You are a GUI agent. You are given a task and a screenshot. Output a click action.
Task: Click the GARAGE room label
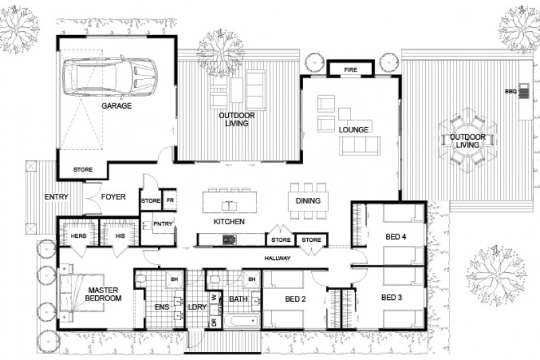click(x=116, y=106)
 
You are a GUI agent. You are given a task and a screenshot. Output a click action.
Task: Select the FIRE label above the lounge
click(x=350, y=70)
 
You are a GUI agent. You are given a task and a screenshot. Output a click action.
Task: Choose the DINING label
click(x=308, y=201)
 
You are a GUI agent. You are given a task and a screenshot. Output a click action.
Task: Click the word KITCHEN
click(x=228, y=222)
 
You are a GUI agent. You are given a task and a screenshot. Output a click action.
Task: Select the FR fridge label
click(x=170, y=201)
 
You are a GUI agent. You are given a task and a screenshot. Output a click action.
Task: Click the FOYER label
click(x=113, y=197)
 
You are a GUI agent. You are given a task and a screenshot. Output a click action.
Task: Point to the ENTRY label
click(x=57, y=197)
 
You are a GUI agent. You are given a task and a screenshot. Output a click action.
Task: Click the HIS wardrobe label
click(x=120, y=235)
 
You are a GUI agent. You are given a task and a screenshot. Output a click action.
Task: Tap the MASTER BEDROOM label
click(x=103, y=294)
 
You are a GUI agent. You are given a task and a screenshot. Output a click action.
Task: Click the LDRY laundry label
click(x=196, y=306)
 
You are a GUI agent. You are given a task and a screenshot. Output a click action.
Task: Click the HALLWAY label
click(x=277, y=258)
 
